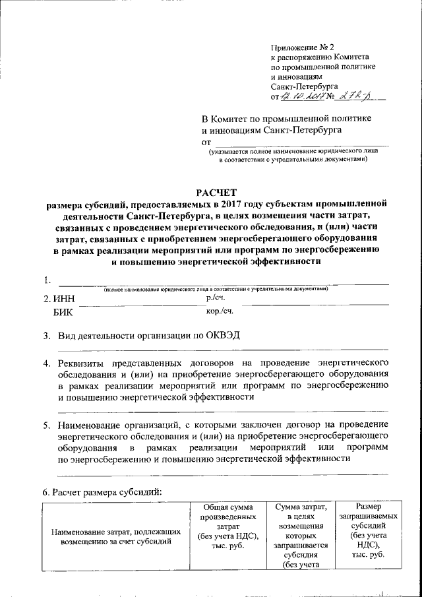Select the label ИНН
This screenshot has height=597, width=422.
64,299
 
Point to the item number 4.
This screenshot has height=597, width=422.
47,363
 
